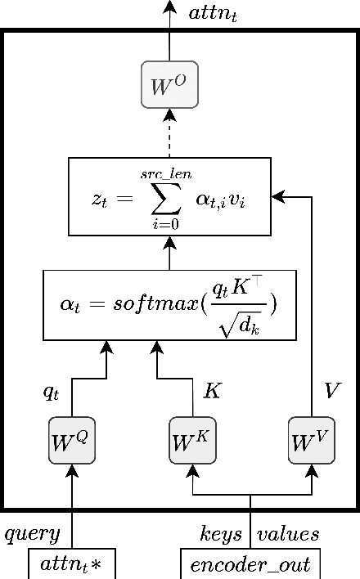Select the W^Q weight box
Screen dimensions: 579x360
pyautogui.click(x=72, y=442)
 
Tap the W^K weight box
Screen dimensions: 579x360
pyautogui.click(x=191, y=442)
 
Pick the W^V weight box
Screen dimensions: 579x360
pyautogui.click(x=312, y=442)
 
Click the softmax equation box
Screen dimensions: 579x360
pyautogui.click(x=169, y=304)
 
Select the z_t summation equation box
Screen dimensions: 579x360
pyautogui.click(x=169, y=196)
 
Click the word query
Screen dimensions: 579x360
pyautogui.click(x=33, y=535)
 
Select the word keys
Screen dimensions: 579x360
pyautogui.click(x=221, y=535)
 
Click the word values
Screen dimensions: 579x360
pyautogui.click(x=288, y=535)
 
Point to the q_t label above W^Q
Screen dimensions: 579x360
pyautogui.click(x=52, y=392)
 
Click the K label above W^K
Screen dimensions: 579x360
pyautogui.click(x=211, y=392)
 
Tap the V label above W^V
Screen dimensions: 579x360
pyautogui.click(x=331, y=392)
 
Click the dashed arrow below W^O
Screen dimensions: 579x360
pyautogui.click(x=169, y=132)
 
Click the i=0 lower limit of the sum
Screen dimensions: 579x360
pyautogui.click(x=165, y=223)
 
